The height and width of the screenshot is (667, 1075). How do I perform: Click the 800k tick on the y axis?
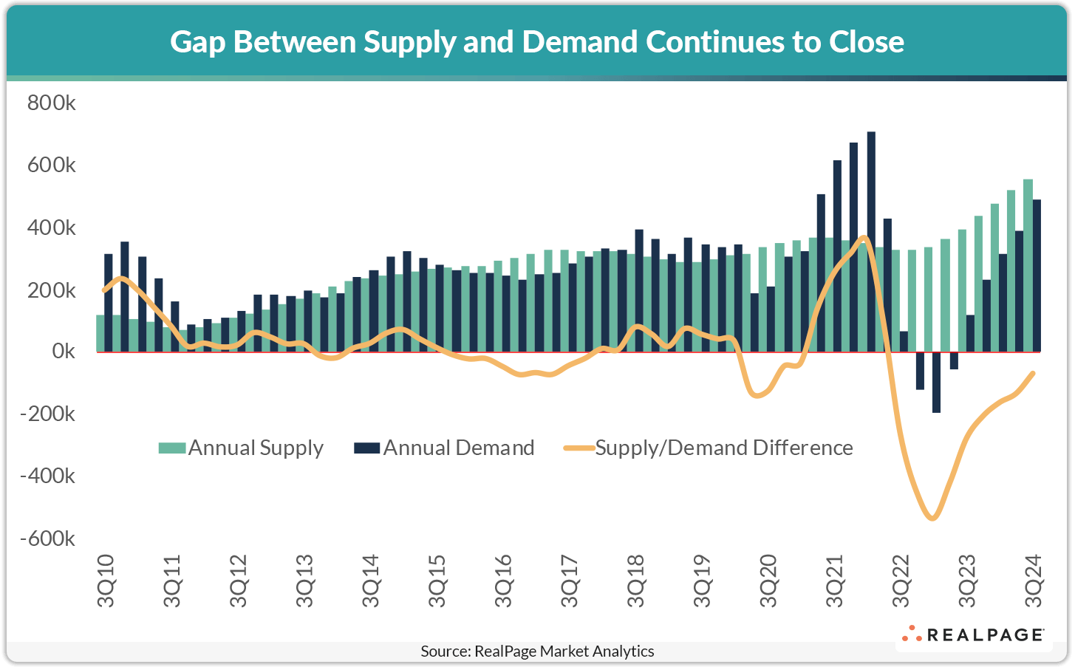tap(51, 103)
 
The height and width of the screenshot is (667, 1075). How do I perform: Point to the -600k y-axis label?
tap(48, 538)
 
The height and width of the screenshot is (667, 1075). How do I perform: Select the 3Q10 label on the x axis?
tap(106, 581)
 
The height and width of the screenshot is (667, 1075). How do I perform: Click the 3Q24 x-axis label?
tap(1033, 581)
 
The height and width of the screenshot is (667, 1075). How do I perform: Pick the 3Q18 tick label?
tap(636, 581)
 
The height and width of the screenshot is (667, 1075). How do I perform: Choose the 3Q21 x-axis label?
tap(834, 581)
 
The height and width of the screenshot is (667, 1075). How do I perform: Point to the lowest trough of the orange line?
tap(932, 518)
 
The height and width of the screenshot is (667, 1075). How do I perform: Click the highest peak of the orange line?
tap(864, 238)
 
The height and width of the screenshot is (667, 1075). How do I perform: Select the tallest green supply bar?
tap(1028, 265)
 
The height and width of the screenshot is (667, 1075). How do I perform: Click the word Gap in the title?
tap(198, 42)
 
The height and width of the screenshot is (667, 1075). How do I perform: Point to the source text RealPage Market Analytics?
tap(537, 651)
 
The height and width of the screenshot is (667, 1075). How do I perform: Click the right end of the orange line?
tap(1033, 373)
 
